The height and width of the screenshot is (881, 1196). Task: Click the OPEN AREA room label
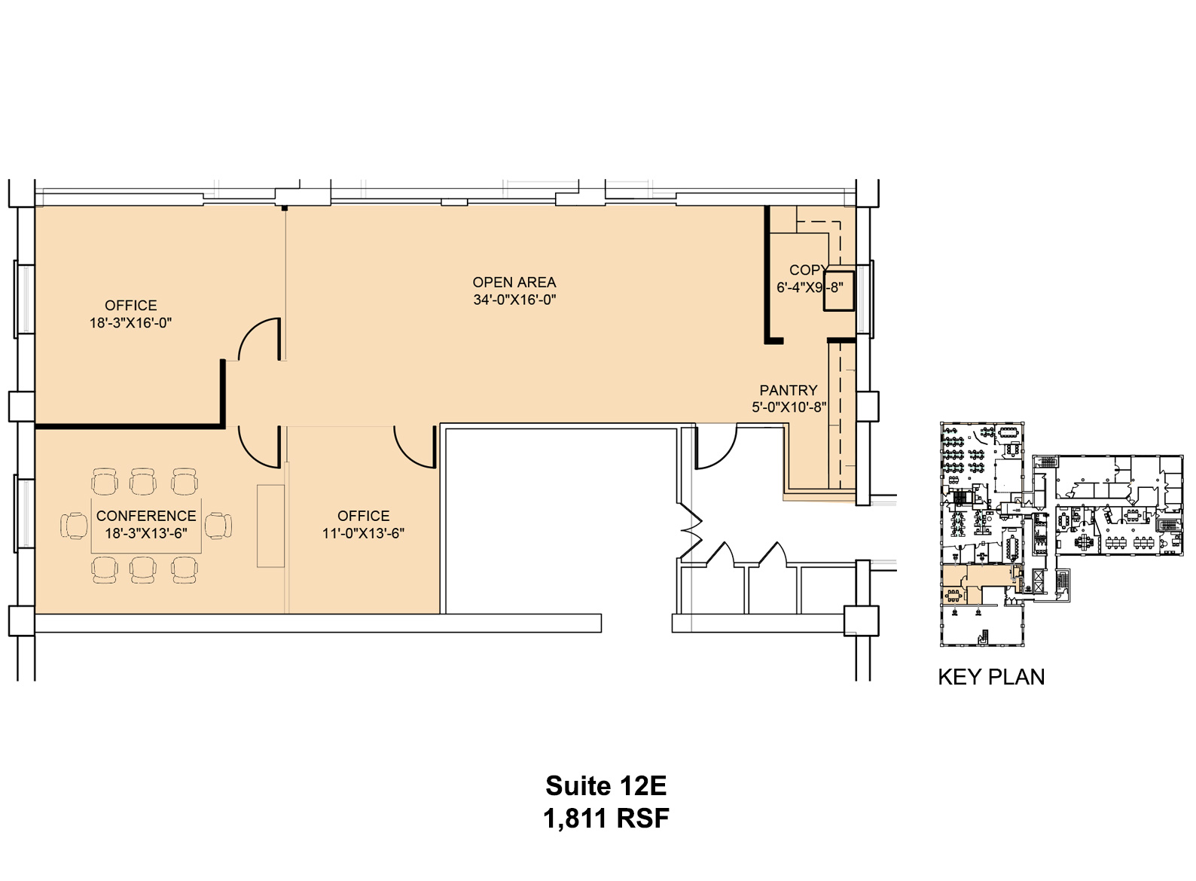point(514,282)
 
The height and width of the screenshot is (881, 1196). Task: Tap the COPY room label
point(808,270)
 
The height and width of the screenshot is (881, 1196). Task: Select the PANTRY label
point(788,390)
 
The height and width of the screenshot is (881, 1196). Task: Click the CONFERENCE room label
point(146,516)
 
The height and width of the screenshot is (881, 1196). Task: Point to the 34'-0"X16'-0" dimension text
point(514,300)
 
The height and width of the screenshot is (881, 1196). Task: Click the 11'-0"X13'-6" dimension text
point(363,533)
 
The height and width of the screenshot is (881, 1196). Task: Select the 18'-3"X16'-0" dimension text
point(131,323)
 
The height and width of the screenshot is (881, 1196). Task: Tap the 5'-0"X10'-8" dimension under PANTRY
point(789,407)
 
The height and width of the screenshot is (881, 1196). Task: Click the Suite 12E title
point(606,785)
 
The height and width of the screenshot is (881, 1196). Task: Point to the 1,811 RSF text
point(606,819)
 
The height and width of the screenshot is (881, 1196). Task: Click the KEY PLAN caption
point(991,677)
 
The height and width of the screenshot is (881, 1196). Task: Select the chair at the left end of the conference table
point(74,526)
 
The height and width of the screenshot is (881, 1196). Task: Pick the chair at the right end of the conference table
point(219,526)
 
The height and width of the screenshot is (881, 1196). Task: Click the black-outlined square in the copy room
point(838,291)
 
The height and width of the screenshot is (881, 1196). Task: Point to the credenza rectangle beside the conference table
point(270,526)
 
